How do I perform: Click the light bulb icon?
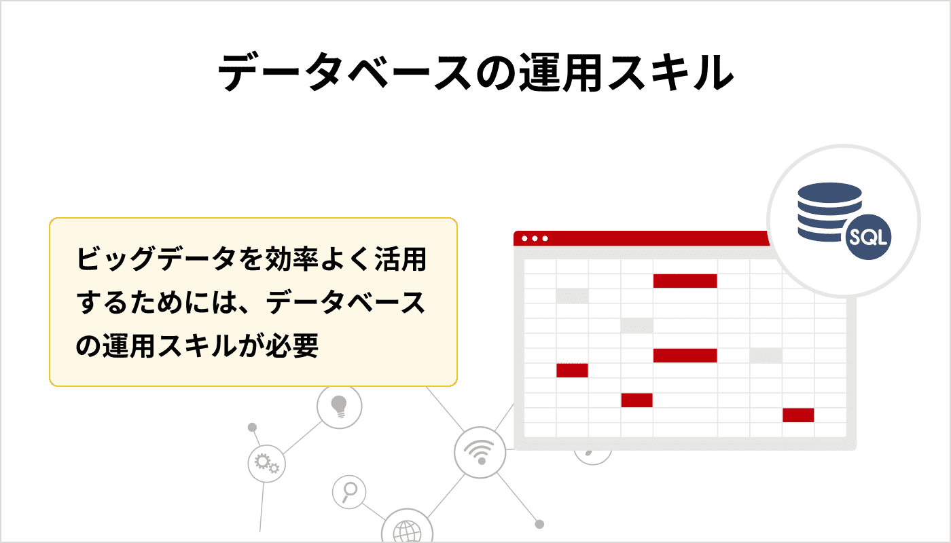[x=339, y=407]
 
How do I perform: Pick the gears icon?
[x=266, y=464]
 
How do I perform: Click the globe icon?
[x=407, y=531]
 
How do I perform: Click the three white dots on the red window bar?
[x=535, y=238]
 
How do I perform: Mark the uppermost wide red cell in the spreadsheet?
[x=685, y=281]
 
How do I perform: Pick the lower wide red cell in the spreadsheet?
[x=685, y=356]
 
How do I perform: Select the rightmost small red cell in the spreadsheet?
[x=797, y=415]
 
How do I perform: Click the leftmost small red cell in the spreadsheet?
[x=572, y=371]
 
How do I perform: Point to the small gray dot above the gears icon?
[x=252, y=428]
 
